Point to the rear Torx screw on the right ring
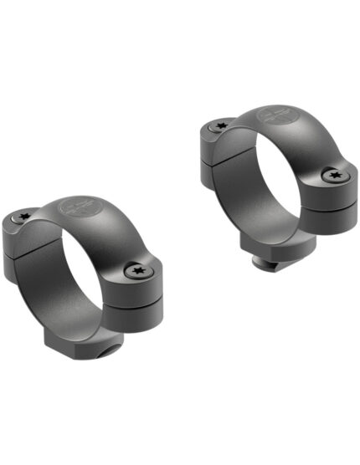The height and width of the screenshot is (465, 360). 222,125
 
